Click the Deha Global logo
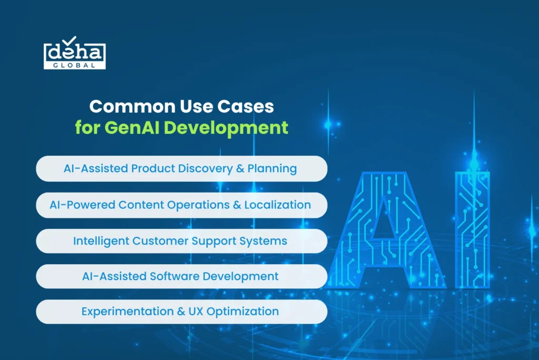75,53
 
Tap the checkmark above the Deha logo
70,40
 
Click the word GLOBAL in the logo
74,65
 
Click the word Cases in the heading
245,106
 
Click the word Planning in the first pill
272,168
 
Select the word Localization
277,205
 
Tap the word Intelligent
101,241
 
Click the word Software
174,276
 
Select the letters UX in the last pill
196,311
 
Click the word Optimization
243,312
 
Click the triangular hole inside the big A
384,222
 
